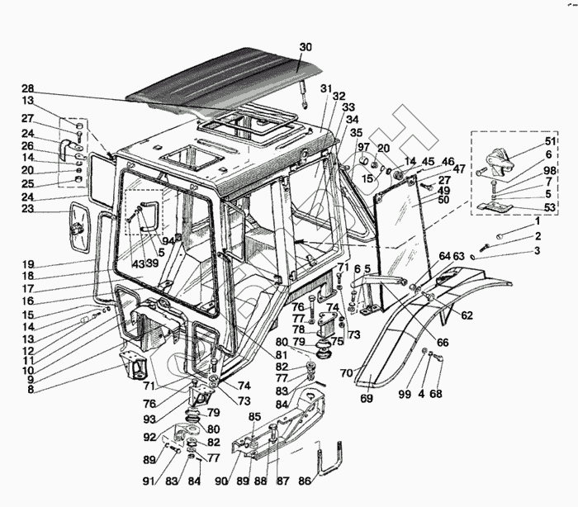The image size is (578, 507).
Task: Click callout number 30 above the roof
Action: [x=305, y=47]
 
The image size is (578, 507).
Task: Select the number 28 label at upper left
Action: [x=27, y=88]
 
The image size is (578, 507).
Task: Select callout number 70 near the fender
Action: [x=347, y=373]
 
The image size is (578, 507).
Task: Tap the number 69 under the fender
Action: [x=367, y=399]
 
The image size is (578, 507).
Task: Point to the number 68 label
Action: [x=436, y=394]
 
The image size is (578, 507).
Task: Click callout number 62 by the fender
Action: [x=467, y=315]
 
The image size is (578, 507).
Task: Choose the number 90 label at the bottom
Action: [x=221, y=481]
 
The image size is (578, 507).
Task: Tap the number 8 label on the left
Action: [x=30, y=390]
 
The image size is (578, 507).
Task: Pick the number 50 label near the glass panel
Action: [x=443, y=201]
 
